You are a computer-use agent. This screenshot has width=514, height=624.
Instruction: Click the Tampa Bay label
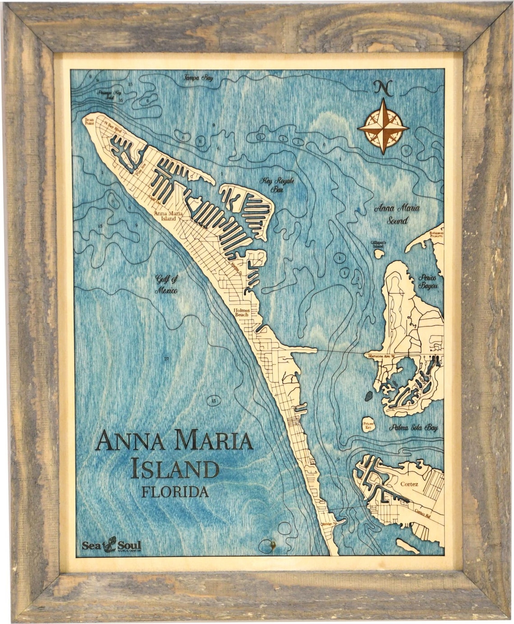pos(197,78)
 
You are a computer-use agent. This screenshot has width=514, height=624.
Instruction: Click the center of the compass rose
pos(383,127)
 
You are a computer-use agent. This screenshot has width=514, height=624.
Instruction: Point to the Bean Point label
pos(89,122)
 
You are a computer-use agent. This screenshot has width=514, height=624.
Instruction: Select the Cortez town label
pos(409,484)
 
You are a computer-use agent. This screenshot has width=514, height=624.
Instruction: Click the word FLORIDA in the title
pos(175,491)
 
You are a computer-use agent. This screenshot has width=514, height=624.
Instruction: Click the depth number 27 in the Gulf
pos(166,359)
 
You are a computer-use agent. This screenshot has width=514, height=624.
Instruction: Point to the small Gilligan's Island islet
pos(379,254)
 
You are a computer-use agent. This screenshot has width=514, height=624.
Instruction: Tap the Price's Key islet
pos(369,425)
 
